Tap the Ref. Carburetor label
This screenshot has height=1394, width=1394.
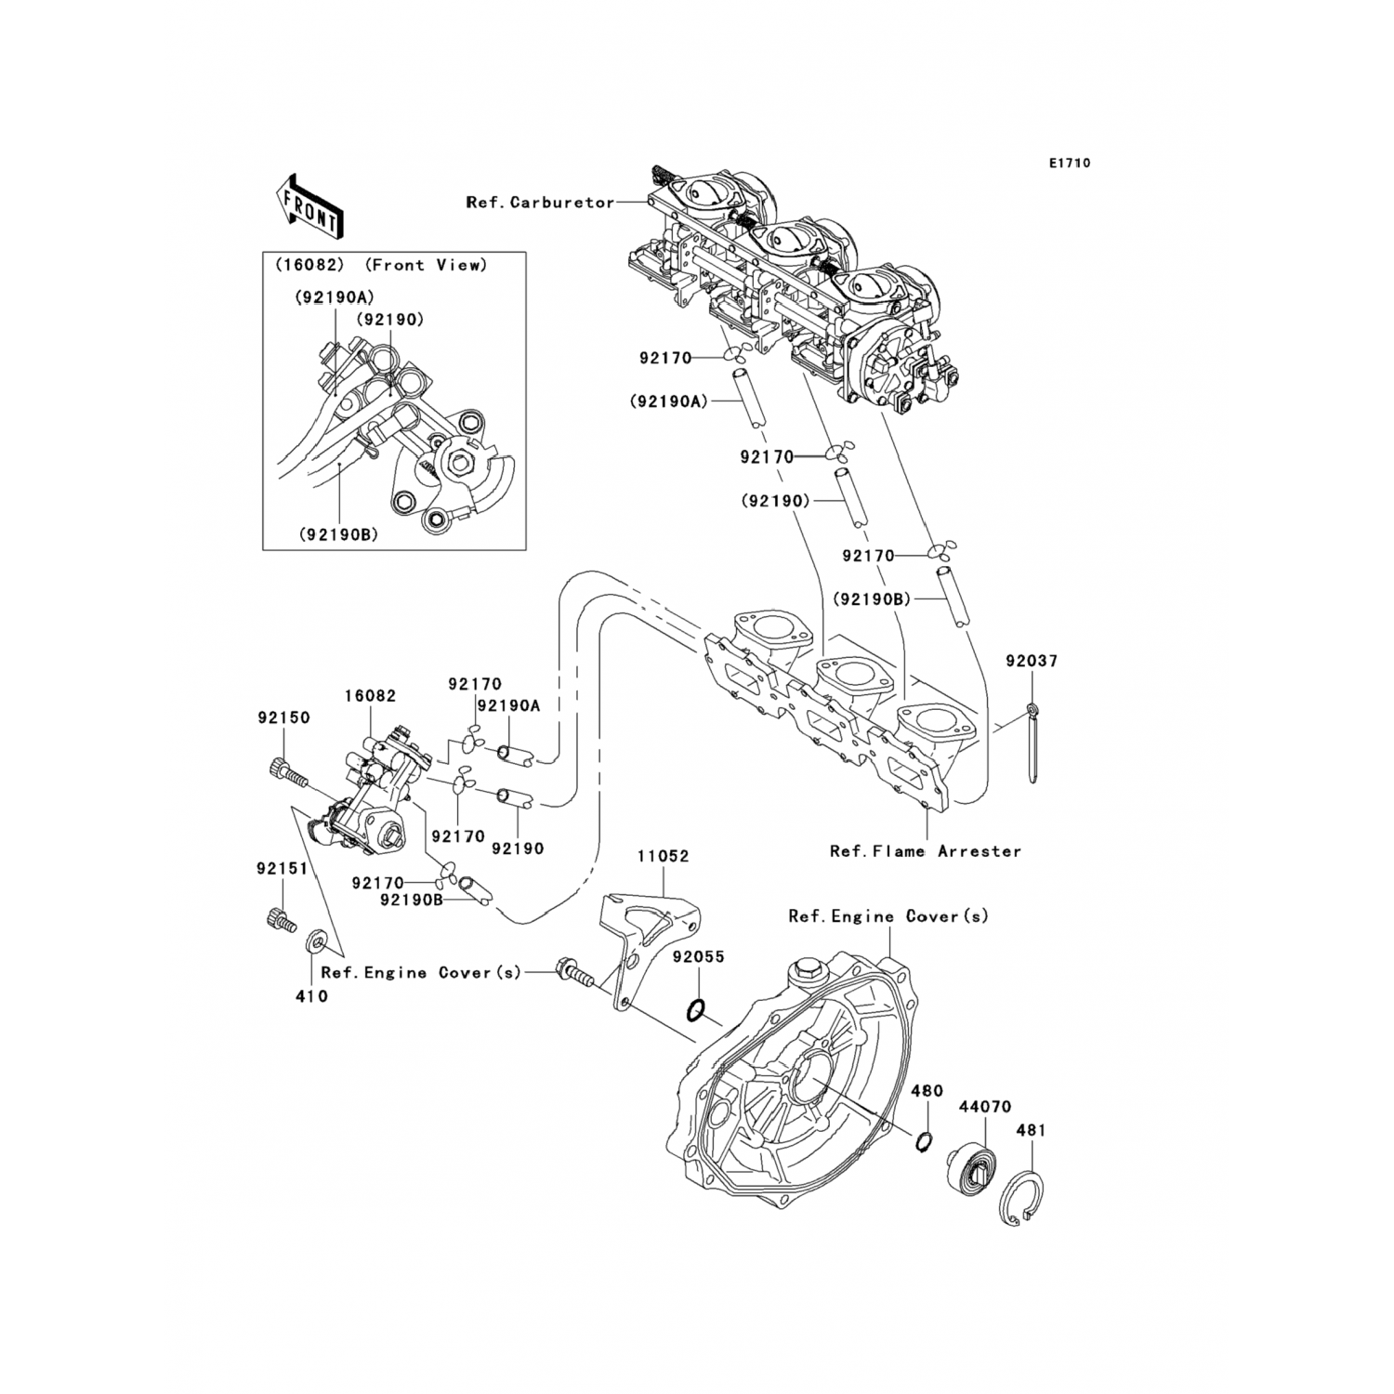click(x=540, y=203)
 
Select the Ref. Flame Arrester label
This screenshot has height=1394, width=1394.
click(x=925, y=850)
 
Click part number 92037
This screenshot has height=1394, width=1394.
click(x=1032, y=662)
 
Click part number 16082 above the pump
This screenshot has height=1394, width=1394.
click(x=370, y=695)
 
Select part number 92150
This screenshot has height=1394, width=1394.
click(x=283, y=718)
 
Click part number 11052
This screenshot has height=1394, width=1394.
click(x=664, y=856)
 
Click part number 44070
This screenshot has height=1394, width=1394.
click(x=985, y=1107)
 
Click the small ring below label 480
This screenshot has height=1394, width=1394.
click(x=923, y=1141)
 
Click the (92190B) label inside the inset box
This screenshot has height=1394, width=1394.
click(x=338, y=534)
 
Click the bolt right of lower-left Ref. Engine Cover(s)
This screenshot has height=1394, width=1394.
click(x=572, y=974)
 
